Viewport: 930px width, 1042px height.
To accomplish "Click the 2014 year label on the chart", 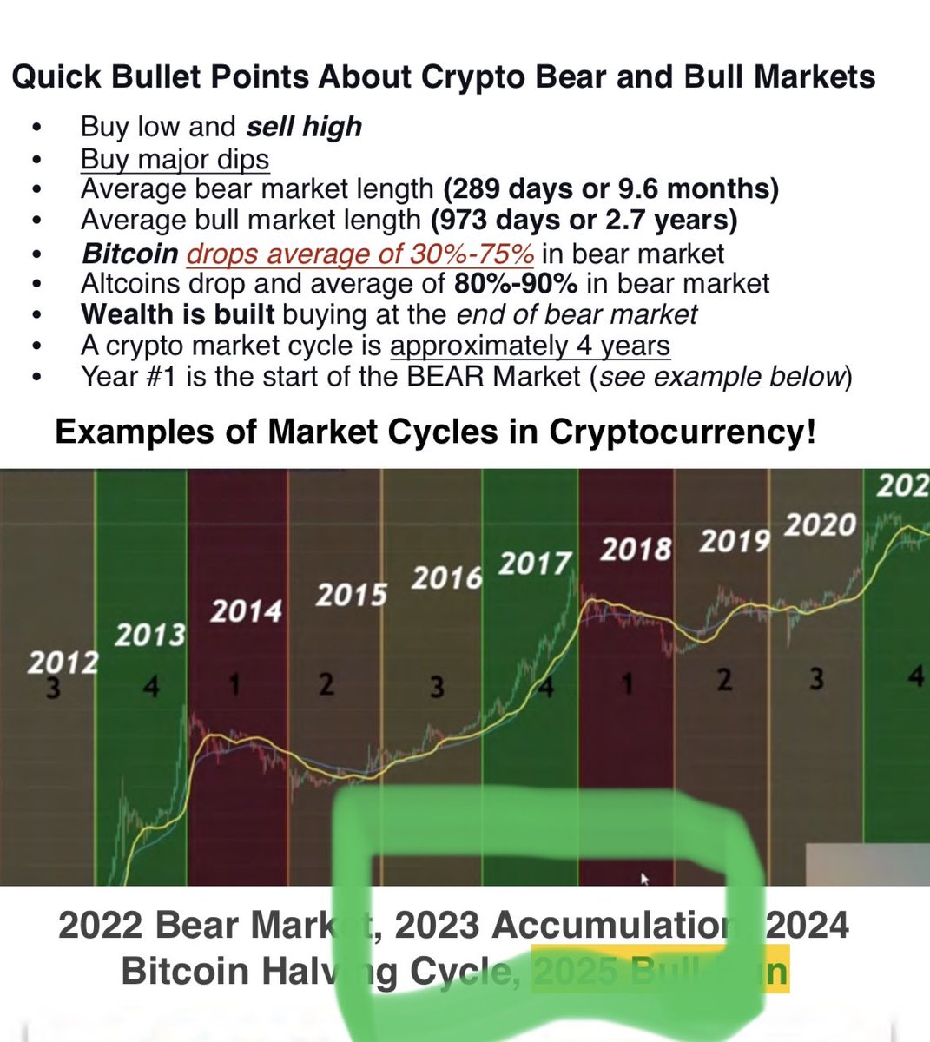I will point(247,610).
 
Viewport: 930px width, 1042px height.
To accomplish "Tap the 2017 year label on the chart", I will point(535,564).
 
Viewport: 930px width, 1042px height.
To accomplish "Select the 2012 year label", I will point(62,663).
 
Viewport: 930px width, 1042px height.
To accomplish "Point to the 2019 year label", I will point(735,541).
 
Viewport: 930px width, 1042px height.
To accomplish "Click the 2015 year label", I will point(351,595).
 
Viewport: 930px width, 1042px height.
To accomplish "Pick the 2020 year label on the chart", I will point(820,525).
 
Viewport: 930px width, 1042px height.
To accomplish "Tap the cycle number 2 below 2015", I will point(326,684).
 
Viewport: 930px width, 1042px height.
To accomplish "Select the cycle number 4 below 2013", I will point(151,686).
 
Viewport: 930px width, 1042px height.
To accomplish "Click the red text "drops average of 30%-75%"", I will point(359,254).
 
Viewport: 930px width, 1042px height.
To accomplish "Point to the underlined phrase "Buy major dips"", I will point(175,159).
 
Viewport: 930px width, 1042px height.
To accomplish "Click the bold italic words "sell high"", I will point(304,127).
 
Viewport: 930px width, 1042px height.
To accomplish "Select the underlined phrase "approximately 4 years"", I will point(530,346).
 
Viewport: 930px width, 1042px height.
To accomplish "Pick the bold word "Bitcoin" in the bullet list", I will point(129,254).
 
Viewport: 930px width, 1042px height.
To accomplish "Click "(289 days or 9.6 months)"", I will point(610,188).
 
